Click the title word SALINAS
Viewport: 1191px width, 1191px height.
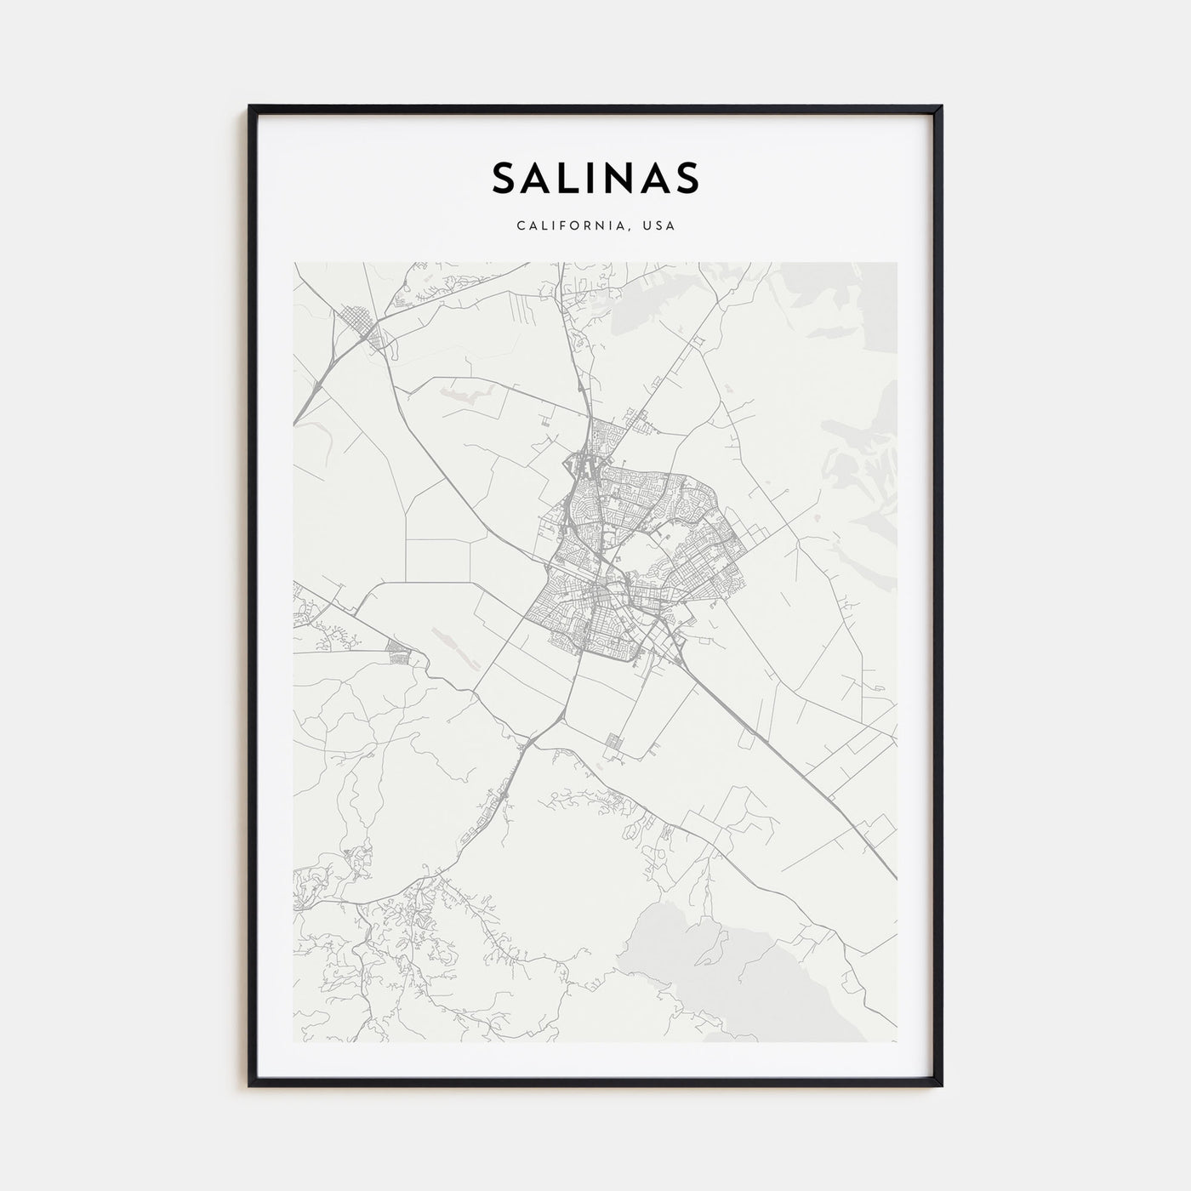(x=595, y=177)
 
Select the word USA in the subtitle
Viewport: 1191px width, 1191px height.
(x=658, y=226)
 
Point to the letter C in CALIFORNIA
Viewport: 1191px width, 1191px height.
(x=519, y=226)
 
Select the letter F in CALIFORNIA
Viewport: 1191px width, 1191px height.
(x=562, y=226)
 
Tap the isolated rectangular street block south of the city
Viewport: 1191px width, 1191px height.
(x=614, y=747)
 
